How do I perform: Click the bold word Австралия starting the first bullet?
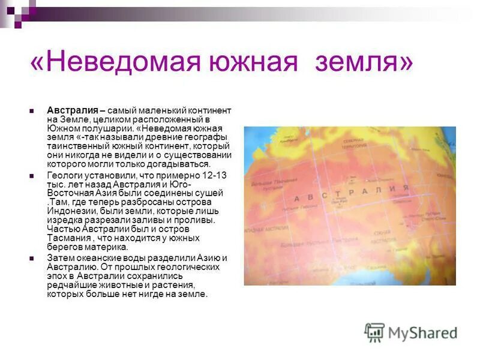[73, 111]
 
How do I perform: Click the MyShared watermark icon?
[375, 332]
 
